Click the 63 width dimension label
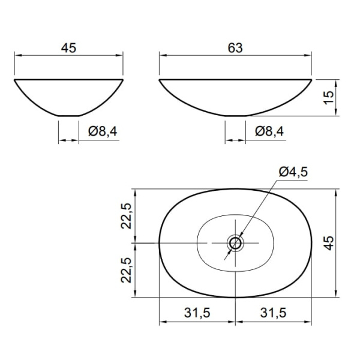pyautogui.click(x=235, y=48)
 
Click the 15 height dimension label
pyautogui.click(x=329, y=97)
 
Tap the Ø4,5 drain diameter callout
pyautogui.click(x=293, y=172)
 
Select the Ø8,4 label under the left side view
pyautogui.click(x=103, y=131)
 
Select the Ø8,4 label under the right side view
pyautogui.click(x=269, y=131)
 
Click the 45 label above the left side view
pyautogui.click(x=68, y=48)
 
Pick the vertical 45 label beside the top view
pyautogui.click(x=329, y=243)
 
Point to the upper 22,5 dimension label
pyautogui.click(x=126, y=216)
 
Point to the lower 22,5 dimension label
pyautogui.click(x=126, y=270)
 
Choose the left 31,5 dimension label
pyautogui.click(x=197, y=313)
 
